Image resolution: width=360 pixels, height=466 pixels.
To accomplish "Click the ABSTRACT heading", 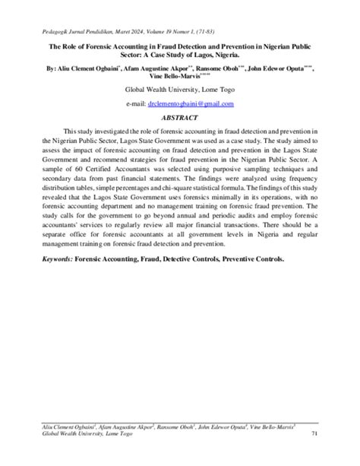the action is [179, 118].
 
